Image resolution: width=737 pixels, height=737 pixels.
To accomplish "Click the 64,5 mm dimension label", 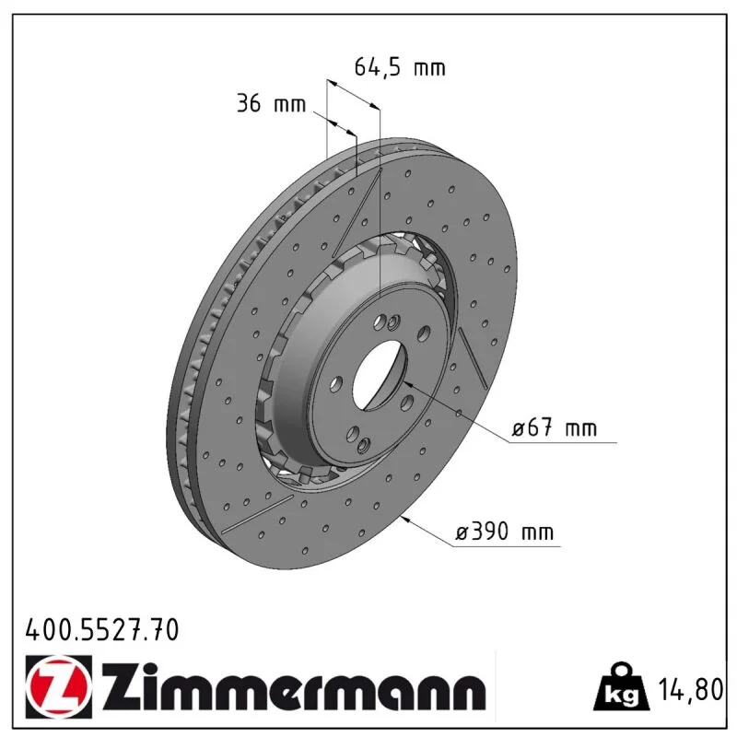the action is point(400,67).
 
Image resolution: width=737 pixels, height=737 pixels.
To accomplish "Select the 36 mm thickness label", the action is point(271,104).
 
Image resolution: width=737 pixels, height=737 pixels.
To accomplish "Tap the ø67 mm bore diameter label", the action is point(555,428).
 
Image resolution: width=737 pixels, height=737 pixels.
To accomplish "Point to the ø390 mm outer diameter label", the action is point(504,532).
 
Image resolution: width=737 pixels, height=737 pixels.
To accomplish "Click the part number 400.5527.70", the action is point(102,630).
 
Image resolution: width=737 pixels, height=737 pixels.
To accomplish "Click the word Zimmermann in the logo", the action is point(294,687).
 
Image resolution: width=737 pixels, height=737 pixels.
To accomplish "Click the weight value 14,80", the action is point(690,689).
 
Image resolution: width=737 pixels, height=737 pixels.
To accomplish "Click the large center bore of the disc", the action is point(379,375).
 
